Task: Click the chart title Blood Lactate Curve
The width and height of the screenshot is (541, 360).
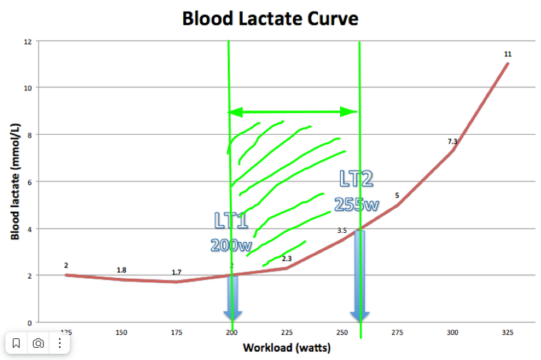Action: (270, 18)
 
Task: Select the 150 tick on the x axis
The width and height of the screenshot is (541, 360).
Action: (121, 332)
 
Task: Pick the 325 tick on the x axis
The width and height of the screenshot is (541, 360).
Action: (507, 332)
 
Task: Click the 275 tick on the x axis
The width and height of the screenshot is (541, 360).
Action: (397, 332)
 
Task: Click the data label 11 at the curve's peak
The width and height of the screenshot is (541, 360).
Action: (508, 53)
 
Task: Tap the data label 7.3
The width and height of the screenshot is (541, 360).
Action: (453, 141)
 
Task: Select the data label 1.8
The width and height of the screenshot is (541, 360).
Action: (122, 270)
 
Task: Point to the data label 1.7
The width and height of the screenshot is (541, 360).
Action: (177, 272)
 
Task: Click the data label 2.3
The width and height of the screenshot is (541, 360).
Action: (287, 258)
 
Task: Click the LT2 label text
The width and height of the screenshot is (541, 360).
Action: (356, 179)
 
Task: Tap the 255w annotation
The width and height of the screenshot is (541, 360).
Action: (356, 204)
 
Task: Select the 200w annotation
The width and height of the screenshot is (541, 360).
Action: (231, 245)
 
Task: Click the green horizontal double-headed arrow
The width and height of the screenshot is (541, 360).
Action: (293, 112)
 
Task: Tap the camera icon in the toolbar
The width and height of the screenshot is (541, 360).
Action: (39, 344)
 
